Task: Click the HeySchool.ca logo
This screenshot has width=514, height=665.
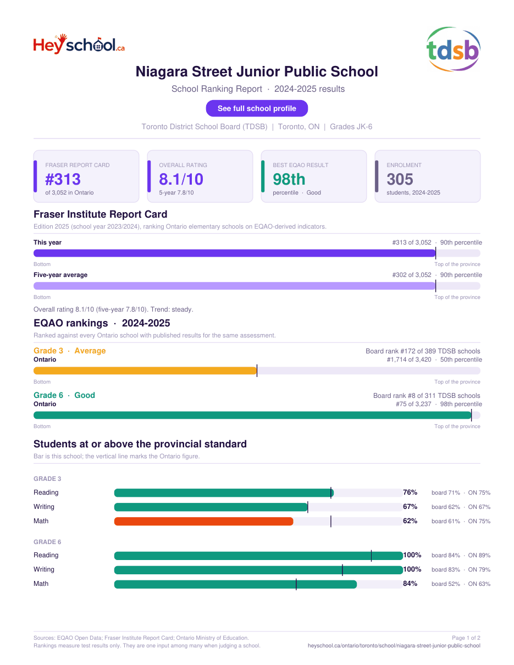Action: (x=79, y=45)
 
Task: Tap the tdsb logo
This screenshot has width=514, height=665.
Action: (x=453, y=49)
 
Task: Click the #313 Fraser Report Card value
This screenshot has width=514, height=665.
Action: (x=63, y=179)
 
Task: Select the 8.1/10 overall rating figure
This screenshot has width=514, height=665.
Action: (x=181, y=179)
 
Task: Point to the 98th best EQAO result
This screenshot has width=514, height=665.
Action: (x=289, y=179)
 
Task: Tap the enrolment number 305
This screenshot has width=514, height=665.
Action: (x=400, y=179)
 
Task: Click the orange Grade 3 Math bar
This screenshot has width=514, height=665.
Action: (x=203, y=521)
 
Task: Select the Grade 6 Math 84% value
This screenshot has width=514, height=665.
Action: (x=410, y=584)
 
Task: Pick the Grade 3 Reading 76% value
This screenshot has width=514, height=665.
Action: (x=410, y=492)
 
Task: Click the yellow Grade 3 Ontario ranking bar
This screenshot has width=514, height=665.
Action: (x=145, y=371)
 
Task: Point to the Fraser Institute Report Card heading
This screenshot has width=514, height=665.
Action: (x=101, y=214)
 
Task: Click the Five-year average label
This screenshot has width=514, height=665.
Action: (x=60, y=275)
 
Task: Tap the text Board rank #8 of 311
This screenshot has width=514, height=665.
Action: (x=408, y=396)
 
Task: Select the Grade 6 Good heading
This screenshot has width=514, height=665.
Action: (x=64, y=395)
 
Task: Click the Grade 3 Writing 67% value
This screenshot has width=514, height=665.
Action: (x=410, y=507)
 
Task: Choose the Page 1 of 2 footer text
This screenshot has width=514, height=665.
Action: (x=466, y=638)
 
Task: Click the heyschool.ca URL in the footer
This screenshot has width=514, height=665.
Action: (x=394, y=646)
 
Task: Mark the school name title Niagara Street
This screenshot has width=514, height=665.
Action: (x=257, y=71)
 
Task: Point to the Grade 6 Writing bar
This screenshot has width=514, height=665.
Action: (x=258, y=570)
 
